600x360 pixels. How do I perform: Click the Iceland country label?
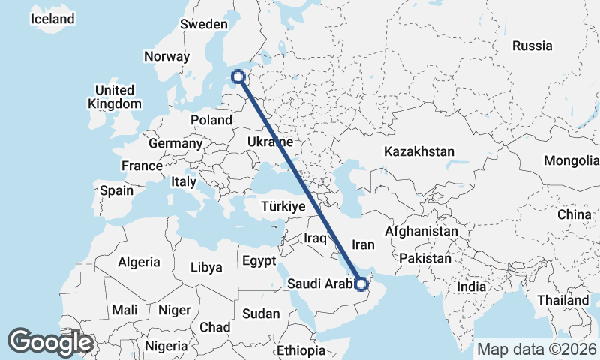[x=52, y=19]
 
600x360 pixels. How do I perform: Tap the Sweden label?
[x=203, y=24]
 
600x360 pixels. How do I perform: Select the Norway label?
[x=167, y=56]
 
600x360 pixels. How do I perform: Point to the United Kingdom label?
[x=114, y=97]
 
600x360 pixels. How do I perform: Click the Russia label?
[x=532, y=46]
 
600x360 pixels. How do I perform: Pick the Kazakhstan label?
[x=418, y=151]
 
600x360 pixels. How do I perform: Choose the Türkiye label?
[x=283, y=206]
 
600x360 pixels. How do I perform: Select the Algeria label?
[x=138, y=262]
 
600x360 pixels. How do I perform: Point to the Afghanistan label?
[x=421, y=232]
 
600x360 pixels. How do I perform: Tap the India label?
[x=472, y=287]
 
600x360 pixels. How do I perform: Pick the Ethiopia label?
[x=301, y=350]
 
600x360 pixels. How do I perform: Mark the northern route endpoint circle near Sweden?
[x=238, y=76]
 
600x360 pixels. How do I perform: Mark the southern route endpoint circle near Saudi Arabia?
[x=361, y=283]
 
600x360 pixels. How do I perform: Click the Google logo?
[x=50, y=342]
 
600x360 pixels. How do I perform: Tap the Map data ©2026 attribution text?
[x=536, y=349]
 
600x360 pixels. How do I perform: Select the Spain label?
[x=116, y=190]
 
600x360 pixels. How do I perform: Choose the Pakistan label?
[x=424, y=258]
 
